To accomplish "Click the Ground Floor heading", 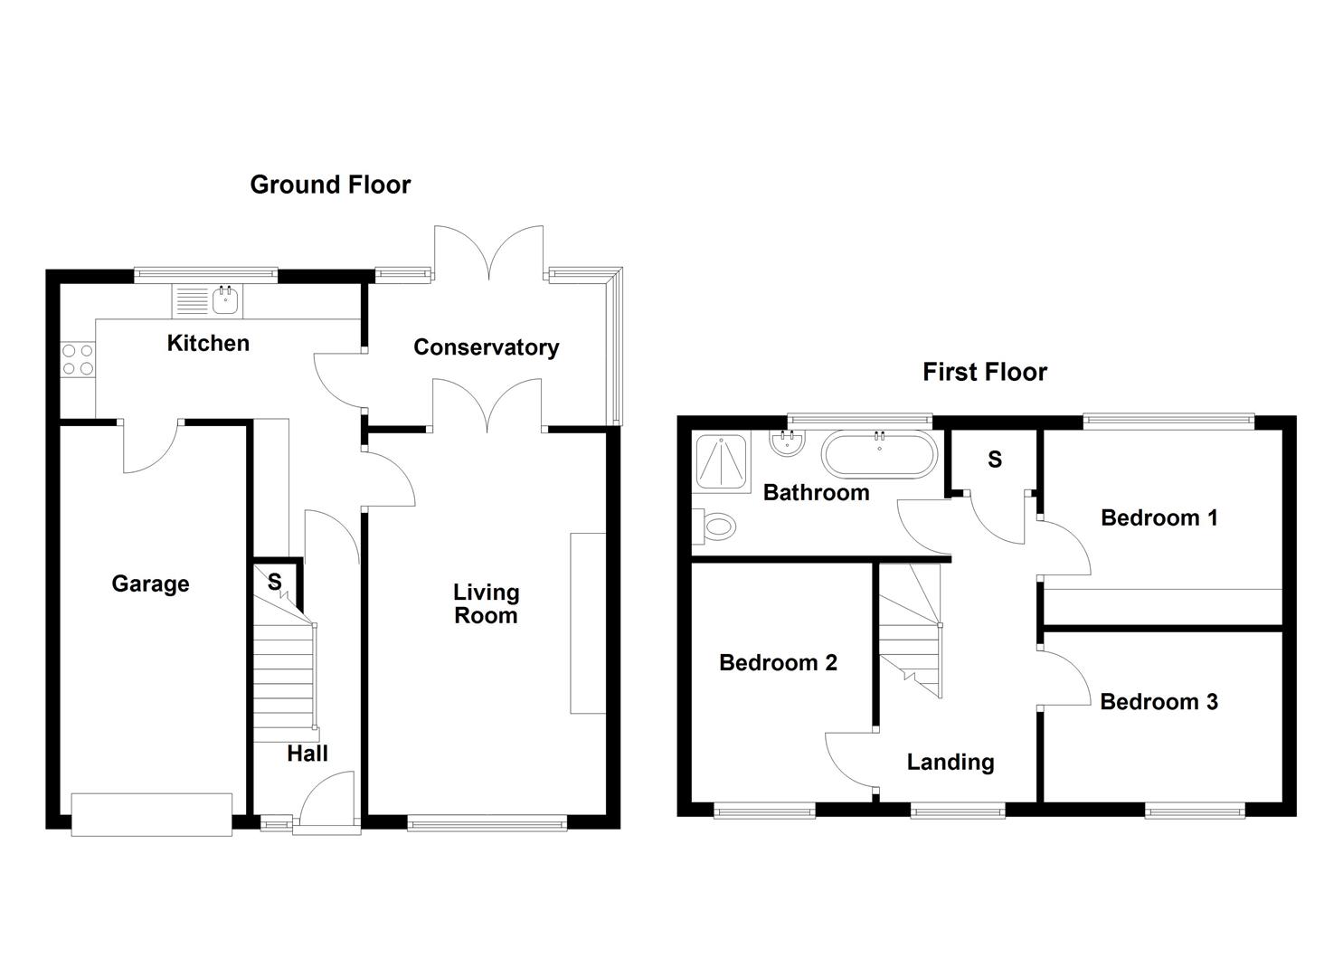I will (x=330, y=185).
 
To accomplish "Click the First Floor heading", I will (x=984, y=372).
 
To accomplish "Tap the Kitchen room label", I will (x=208, y=343).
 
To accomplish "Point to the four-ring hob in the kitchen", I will (x=77, y=359).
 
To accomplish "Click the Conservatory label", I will (x=486, y=347).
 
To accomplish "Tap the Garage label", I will (x=150, y=583).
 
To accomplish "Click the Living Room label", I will (x=486, y=603).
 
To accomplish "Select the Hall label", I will (x=307, y=754).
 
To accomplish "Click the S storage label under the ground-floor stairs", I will (x=274, y=582).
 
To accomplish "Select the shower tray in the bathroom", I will (x=721, y=461).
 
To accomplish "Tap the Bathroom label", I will (x=816, y=492).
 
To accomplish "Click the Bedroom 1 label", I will (x=1159, y=517).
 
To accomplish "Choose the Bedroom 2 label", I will (x=778, y=662).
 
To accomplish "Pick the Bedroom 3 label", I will (x=1159, y=701).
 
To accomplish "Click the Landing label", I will (x=950, y=762).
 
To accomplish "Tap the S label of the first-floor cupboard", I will (x=995, y=460).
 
